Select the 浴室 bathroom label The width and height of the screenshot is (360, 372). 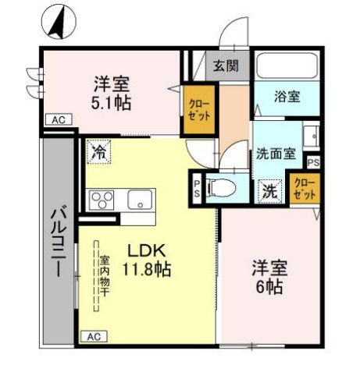coord(287,97)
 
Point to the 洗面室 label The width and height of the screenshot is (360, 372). coord(275,154)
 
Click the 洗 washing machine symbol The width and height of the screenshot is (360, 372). coord(270,189)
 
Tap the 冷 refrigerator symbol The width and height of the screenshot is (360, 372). coord(99,151)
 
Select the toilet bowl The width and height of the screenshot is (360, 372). coord(221,188)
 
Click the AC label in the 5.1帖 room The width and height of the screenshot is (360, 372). coord(58,120)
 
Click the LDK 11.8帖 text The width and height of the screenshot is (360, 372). coord(147,260)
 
